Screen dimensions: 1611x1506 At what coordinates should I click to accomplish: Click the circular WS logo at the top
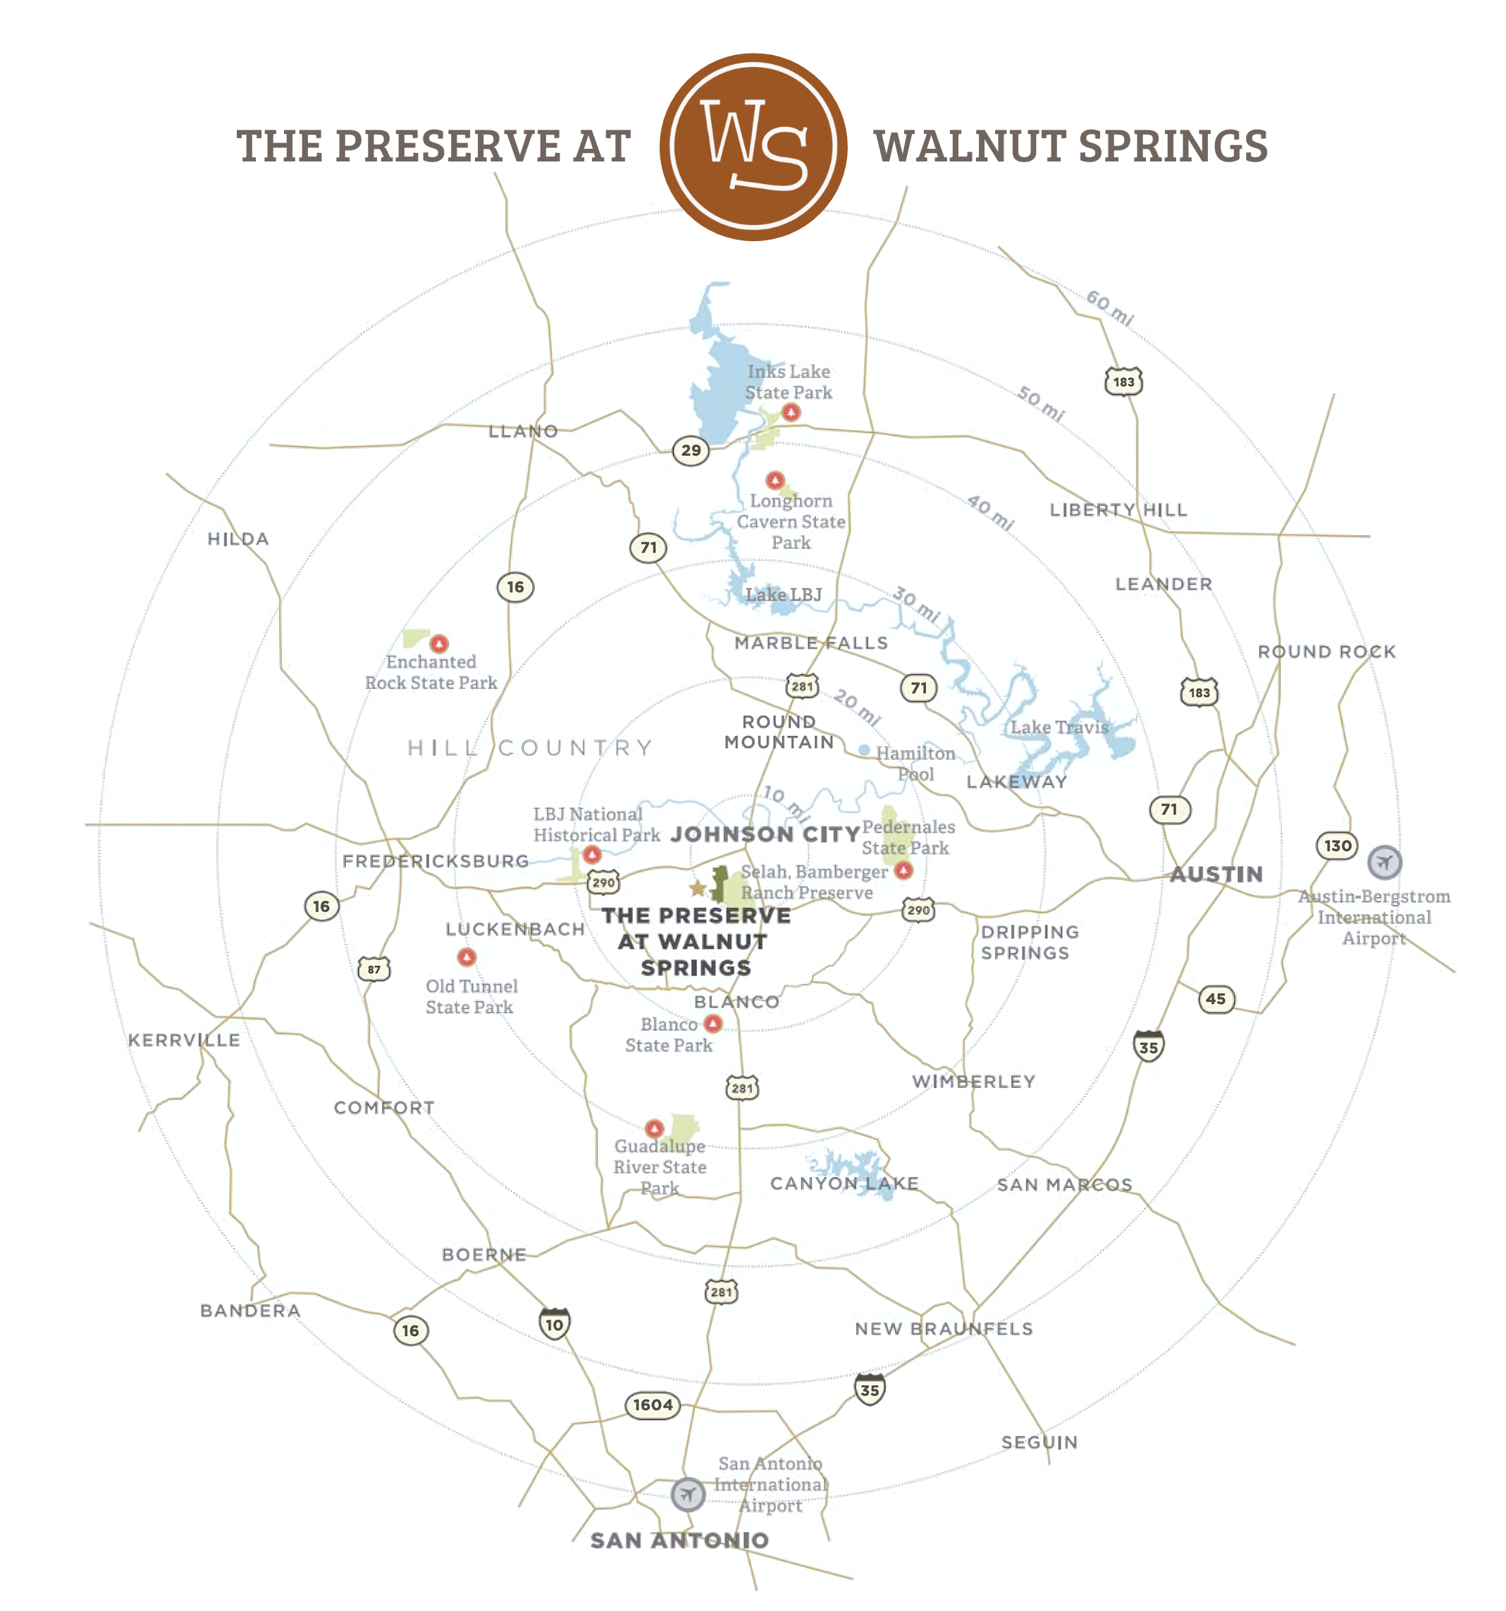click(753, 147)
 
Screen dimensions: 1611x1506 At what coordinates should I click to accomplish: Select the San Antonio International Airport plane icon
click(687, 1493)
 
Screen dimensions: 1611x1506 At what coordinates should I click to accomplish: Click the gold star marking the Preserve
click(698, 888)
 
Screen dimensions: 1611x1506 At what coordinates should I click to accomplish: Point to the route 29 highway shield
click(690, 450)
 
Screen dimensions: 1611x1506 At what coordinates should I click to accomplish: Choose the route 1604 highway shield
click(652, 1404)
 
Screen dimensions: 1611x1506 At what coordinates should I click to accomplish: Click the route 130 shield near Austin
click(1337, 846)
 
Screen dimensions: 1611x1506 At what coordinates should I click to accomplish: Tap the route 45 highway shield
click(1215, 998)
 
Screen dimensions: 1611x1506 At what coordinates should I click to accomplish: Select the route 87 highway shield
click(374, 969)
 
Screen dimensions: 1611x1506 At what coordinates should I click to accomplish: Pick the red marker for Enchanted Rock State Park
click(439, 644)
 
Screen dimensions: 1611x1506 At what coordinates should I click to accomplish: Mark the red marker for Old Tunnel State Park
click(467, 958)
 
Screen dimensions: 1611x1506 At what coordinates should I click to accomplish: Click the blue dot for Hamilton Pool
click(865, 750)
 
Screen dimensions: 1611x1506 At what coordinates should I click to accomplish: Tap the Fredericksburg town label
click(435, 861)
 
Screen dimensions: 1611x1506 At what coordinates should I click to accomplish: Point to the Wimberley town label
click(973, 1081)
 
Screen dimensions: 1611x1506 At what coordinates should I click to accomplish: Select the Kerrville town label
click(184, 1040)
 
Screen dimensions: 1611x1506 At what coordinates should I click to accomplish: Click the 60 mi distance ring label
click(1109, 307)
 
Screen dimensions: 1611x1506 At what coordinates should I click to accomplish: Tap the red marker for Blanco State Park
click(713, 1024)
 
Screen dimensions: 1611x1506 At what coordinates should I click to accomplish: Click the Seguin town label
click(1039, 1442)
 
